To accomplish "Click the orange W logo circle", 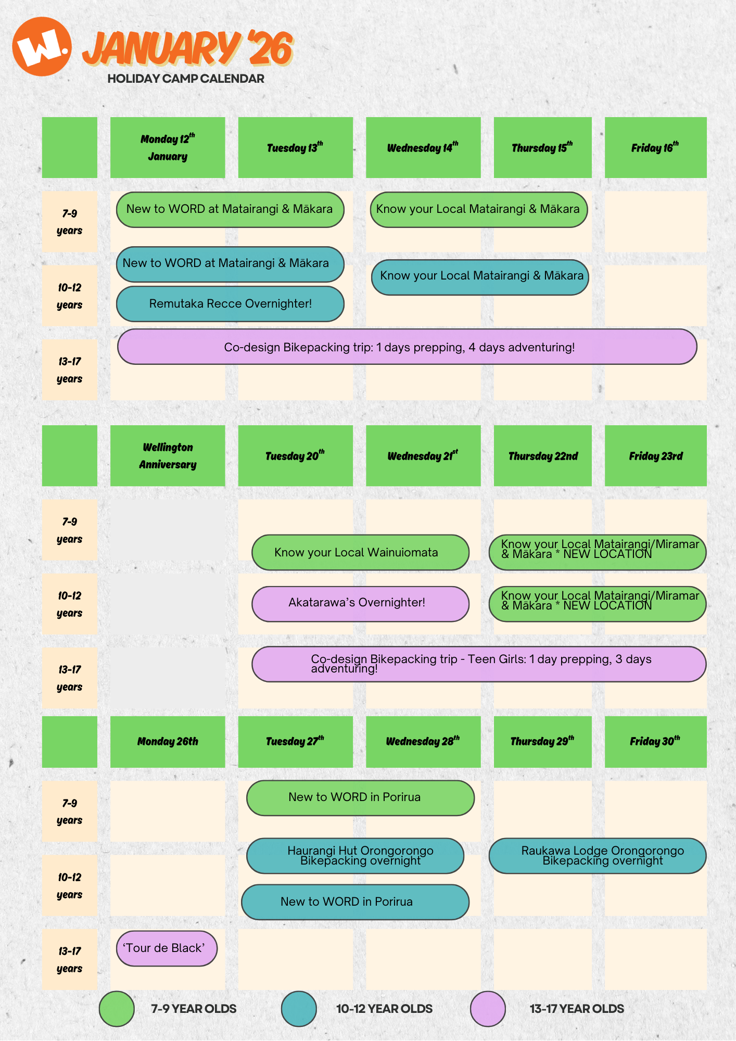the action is coord(42,46).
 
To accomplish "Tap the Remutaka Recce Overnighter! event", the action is coord(230,304).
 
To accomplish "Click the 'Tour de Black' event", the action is coord(167,948).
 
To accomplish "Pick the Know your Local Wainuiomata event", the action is coord(360,552).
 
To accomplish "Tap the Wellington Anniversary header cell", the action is coord(168,456).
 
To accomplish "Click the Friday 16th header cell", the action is coord(655,148).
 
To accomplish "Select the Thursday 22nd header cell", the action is coord(543,456).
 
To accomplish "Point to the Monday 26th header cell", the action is coord(168,742).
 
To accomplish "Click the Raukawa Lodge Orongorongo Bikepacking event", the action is coord(598,856).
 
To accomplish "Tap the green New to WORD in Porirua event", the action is coord(360,798).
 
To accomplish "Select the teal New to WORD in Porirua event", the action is coord(355,902).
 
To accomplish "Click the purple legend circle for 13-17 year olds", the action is coord(488,1009).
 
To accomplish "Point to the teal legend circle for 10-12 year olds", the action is coord(299,1009).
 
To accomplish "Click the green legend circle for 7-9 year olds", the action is coord(117,1009).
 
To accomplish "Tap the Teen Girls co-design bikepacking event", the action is coord(479,664).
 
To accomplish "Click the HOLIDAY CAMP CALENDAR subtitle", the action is coord(186,79).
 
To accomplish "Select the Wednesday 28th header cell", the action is coord(423,742).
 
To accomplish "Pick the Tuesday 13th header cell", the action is coord(295,148).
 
